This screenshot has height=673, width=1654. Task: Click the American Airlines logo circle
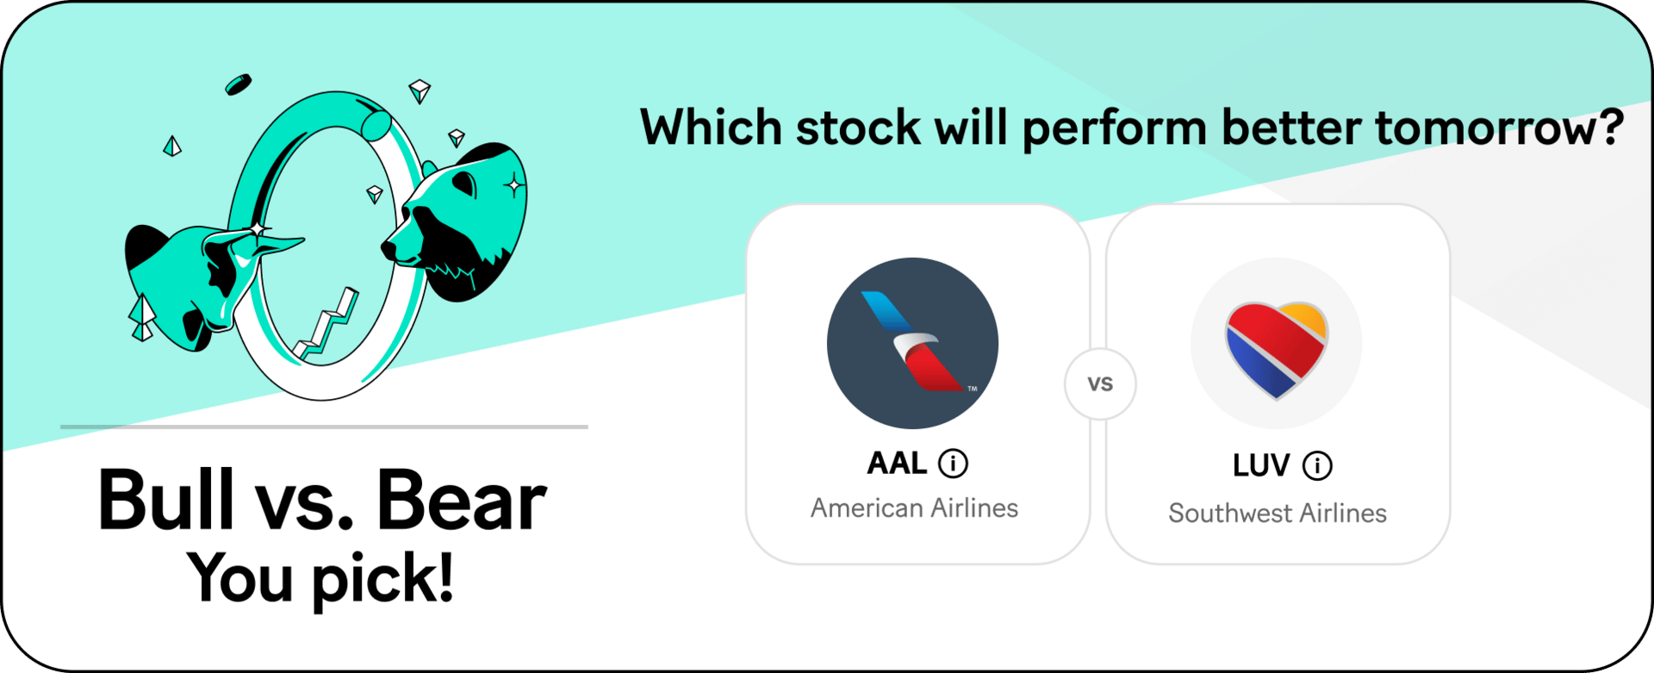(x=912, y=343)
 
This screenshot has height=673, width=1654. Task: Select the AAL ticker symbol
(x=897, y=464)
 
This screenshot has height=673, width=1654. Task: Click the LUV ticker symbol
(x=1261, y=466)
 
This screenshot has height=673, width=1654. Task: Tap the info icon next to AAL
(x=953, y=464)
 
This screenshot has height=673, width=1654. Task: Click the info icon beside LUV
(x=1317, y=466)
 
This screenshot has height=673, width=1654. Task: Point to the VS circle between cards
(x=1100, y=384)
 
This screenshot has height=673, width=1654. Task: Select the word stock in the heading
(x=858, y=128)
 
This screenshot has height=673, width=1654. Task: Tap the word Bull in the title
(x=166, y=499)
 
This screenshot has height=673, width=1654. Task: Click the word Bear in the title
(x=461, y=500)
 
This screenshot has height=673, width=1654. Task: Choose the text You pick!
(x=320, y=578)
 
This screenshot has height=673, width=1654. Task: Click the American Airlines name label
(x=914, y=508)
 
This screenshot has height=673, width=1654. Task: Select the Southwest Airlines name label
(x=1278, y=514)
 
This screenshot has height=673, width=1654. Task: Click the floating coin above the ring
(x=239, y=84)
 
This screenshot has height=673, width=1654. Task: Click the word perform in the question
(x=1115, y=130)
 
